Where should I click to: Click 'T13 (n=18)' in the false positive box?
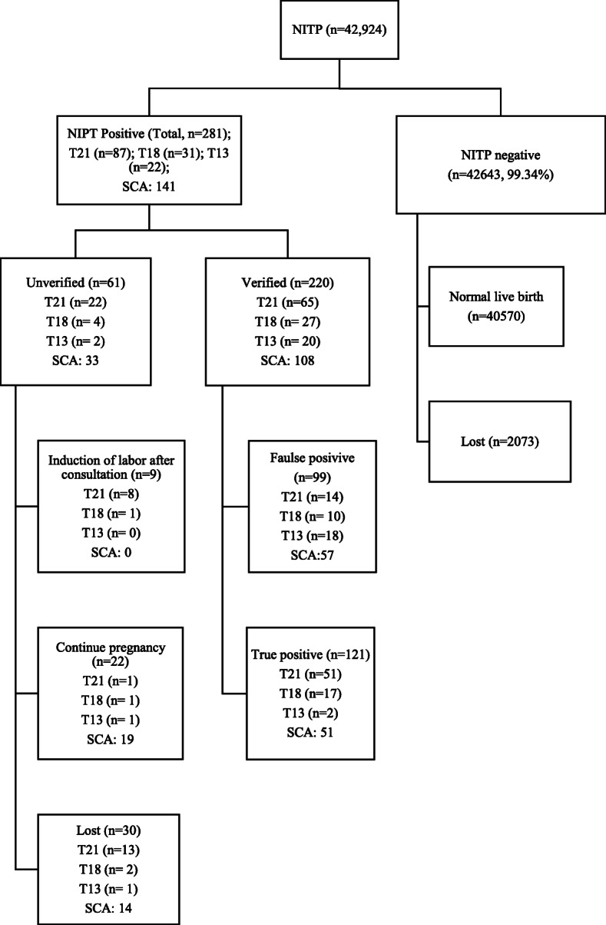point(312,536)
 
